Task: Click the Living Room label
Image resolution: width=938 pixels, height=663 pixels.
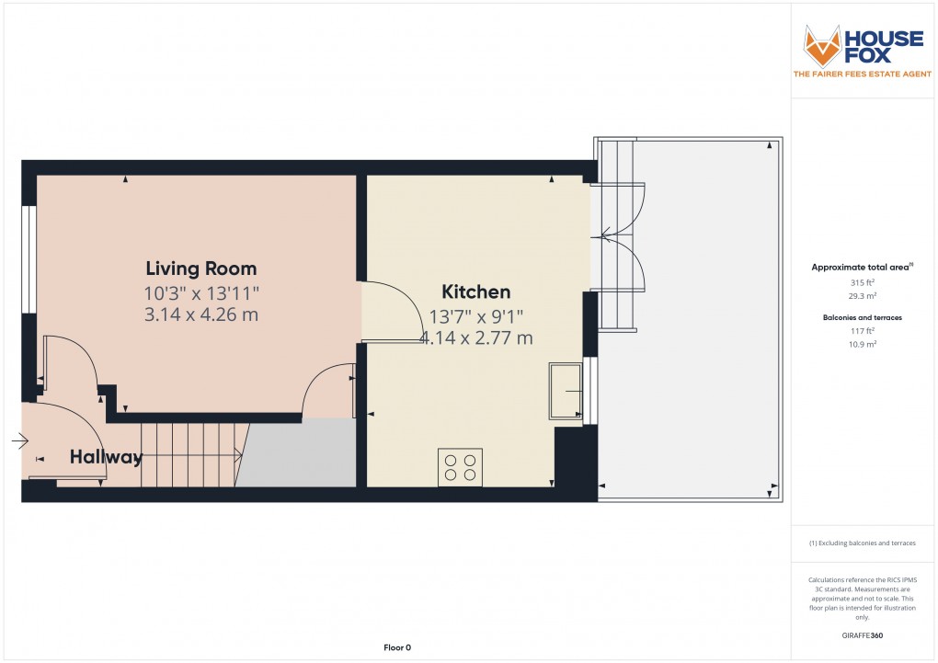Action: pyautogui.click(x=200, y=269)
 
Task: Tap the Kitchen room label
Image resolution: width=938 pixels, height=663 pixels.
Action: pyautogui.click(x=475, y=292)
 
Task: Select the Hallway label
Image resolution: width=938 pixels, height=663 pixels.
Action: pyautogui.click(x=107, y=457)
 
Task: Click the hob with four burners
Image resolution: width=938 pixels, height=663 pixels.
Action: pyautogui.click(x=460, y=467)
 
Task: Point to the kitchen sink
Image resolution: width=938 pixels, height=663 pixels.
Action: pyautogui.click(x=566, y=391)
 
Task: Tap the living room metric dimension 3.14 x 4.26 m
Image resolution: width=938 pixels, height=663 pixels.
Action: pyautogui.click(x=200, y=315)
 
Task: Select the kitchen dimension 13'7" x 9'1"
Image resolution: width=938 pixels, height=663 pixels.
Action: pyautogui.click(x=475, y=316)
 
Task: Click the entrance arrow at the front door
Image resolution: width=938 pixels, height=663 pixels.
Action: pyautogui.click(x=19, y=441)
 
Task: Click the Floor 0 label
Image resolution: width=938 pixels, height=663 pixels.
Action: pyautogui.click(x=397, y=648)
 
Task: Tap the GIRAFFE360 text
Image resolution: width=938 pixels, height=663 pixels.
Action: pyautogui.click(x=863, y=634)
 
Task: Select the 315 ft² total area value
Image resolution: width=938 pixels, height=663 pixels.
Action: pyautogui.click(x=862, y=282)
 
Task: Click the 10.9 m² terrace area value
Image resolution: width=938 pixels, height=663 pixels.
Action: pyautogui.click(x=862, y=344)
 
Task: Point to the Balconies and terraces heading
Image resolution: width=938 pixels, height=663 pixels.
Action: pyautogui.click(x=862, y=316)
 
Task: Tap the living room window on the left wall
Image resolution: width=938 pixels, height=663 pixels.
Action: pyautogui.click(x=29, y=259)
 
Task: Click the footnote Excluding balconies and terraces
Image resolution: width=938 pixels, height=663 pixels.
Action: pyautogui.click(x=862, y=543)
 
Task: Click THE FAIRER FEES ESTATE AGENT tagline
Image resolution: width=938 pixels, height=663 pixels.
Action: pyautogui.click(x=862, y=74)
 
